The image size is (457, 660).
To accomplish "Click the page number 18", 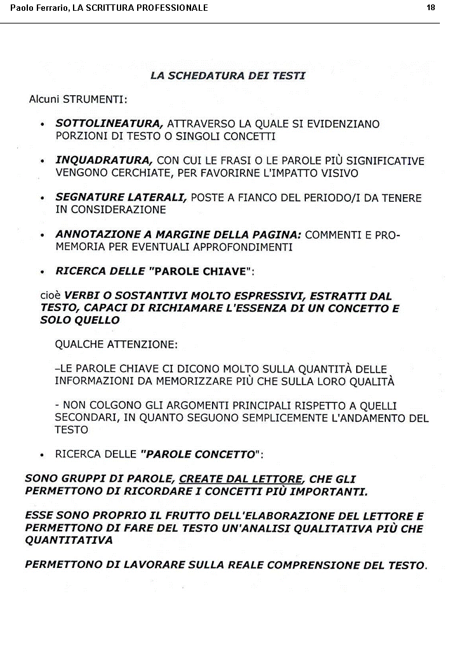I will pyautogui.click(x=431, y=8).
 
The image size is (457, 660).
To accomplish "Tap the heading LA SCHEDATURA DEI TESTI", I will pyautogui.click(x=228, y=76).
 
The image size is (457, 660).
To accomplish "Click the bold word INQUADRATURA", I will pyautogui.click(x=104, y=161).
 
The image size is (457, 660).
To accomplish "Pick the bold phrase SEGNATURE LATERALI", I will pyautogui.click(x=121, y=197).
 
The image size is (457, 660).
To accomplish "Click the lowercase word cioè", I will pyautogui.click(x=50, y=296).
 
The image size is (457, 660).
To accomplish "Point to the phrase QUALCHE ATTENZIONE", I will pyautogui.click(x=117, y=345).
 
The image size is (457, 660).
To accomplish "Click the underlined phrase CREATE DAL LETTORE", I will pyautogui.click(x=241, y=479).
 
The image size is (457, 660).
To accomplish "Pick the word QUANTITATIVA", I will pyautogui.click(x=69, y=540).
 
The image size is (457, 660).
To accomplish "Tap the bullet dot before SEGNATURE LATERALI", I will pyautogui.click(x=42, y=199).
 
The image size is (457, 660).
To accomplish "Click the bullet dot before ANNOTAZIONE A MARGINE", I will pyautogui.click(x=42, y=235).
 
